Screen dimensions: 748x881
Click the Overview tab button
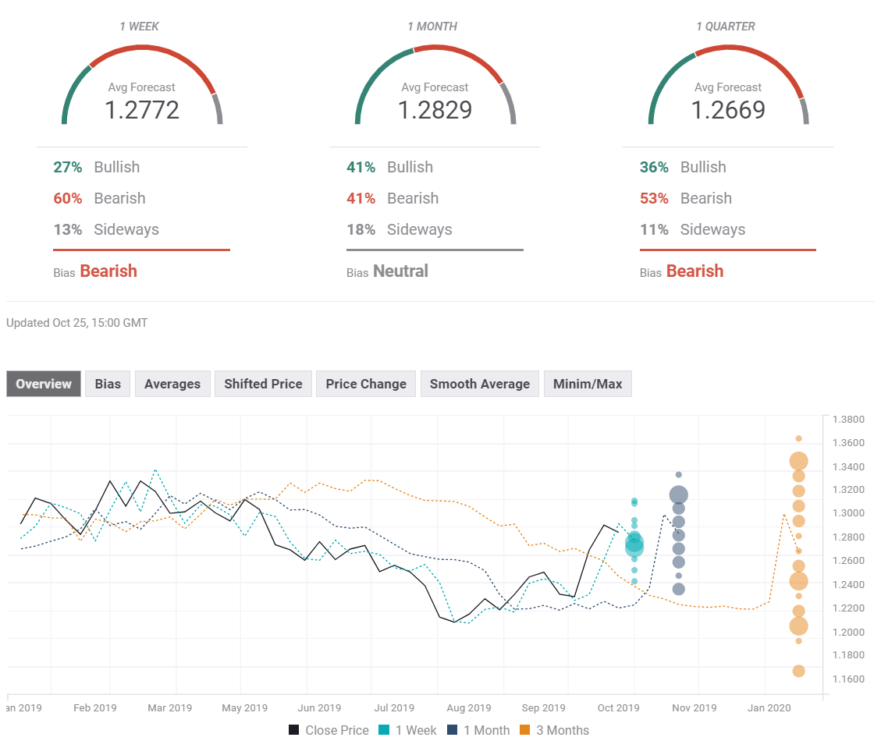click(x=44, y=384)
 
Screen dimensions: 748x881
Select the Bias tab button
click(x=108, y=384)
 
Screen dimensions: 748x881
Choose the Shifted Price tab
click(x=263, y=384)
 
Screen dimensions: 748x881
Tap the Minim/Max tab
click(x=588, y=384)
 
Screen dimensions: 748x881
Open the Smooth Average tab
click(x=479, y=384)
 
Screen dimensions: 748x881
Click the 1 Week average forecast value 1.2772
click(x=142, y=110)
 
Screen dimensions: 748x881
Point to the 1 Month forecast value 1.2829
click(x=435, y=110)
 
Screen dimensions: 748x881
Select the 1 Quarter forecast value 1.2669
click(x=728, y=110)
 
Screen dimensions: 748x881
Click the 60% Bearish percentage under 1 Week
click(x=68, y=198)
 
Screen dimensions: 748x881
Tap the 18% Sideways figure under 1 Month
click(x=361, y=229)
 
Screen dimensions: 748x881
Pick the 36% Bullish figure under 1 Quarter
click(x=654, y=167)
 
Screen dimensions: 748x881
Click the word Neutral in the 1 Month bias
click(x=400, y=271)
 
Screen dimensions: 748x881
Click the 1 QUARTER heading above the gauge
click(x=725, y=27)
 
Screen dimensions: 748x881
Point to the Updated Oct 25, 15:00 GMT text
click(x=76, y=322)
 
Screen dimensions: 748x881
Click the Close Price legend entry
click(x=329, y=730)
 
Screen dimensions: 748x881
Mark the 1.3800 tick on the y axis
click(x=848, y=420)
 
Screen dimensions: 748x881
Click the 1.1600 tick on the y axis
click(x=848, y=679)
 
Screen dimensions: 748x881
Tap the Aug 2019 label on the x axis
click(x=468, y=708)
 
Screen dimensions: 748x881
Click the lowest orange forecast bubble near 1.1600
click(x=798, y=671)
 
